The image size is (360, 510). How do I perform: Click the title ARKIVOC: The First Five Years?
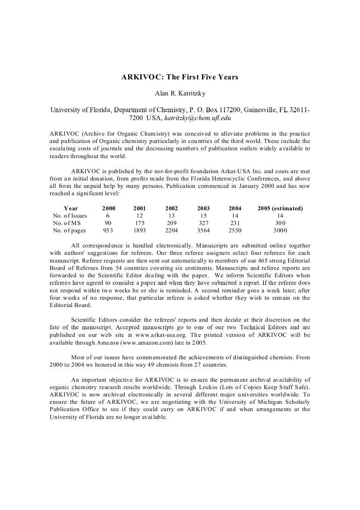click(x=180, y=77)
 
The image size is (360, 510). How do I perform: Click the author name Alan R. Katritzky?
click(x=180, y=94)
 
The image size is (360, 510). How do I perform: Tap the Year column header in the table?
click(x=71, y=208)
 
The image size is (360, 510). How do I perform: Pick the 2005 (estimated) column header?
click(x=280, y=208)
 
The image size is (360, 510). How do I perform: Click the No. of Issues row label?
click(x=70, y=215)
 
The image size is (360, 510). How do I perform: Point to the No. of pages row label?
click(x=69, y=231)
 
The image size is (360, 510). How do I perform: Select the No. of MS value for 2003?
click(x=203, y=223)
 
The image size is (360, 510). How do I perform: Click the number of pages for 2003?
click(x=203, y=231)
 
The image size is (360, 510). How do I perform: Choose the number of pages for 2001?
click(x=139, y=231)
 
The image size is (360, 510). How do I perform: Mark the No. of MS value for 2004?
click(x=235, y=223)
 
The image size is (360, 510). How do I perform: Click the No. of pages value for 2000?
click(x=108, y=231)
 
